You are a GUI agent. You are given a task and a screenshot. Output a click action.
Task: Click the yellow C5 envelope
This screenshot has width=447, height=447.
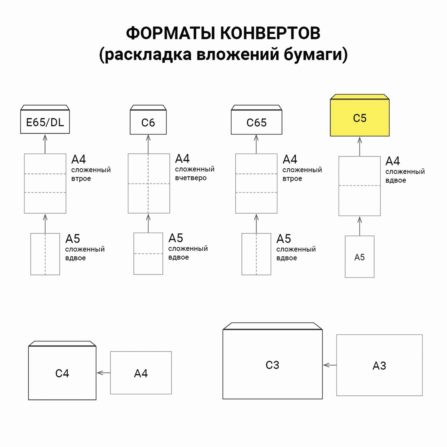pyautogui.click(x=360, y=118)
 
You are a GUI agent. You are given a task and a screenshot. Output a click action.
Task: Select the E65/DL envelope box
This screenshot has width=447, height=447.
pyautogui.click(x=45, y=122)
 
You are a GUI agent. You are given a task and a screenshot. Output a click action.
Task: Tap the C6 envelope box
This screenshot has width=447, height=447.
pyautogui.click(x=148, y=122)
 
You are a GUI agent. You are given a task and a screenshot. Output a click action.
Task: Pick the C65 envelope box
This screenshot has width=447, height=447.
pyautogui.click(x=256, y=122)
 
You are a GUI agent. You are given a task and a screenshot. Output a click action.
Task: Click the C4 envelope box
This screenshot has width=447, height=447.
pyautogui.click(x=62, y=373)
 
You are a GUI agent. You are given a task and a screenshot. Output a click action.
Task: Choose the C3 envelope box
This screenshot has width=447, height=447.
pyautogui.click(x=272, y=365)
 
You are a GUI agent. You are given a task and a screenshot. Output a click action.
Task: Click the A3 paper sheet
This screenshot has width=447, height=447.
pyautogui.click(x=379, y=365)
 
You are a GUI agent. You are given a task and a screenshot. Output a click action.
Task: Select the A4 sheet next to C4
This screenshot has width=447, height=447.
pyautogui.click(x=141, y=373)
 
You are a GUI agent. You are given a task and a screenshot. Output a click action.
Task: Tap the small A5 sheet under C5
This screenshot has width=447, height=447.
pyautogui.click(x=359, y=257)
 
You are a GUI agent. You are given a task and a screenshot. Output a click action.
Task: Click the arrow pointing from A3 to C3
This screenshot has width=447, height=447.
pyautogui.click(x=330, y=365)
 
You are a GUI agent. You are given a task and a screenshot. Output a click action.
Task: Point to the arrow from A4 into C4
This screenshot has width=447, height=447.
pyautogui.click(x=103, y=373)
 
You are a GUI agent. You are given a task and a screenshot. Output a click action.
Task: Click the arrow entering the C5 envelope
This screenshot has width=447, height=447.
pyautogui.click(x=360, y=146)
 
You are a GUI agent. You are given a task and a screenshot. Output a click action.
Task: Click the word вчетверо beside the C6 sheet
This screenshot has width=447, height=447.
pyautogui.click(x=191, y=178)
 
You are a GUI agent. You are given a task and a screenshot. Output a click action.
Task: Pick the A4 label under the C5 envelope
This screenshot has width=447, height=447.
pyautogui.click(x=392, y=161)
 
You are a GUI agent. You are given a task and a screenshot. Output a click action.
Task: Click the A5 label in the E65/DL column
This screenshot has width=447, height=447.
pyautogui.click(x=73, y=239)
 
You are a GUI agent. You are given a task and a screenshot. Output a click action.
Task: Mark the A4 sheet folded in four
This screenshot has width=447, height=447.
pyautogui.click(x=149, y=183)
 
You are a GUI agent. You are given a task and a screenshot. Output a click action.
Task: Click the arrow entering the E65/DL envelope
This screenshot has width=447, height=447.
pyautogui.click(x=45, y=144)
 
